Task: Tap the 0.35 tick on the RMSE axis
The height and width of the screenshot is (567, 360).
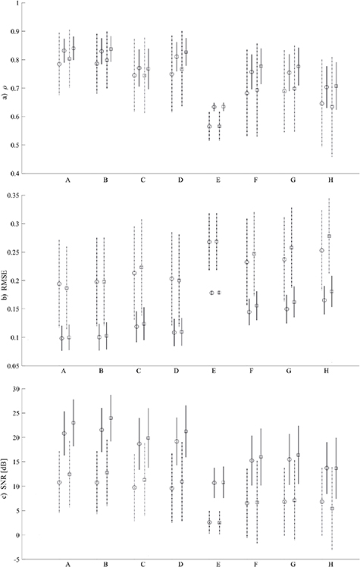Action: pyautogui.click(x=28, y=196)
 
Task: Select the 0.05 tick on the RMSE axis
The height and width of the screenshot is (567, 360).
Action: pyautogui.click(x=28, y=365)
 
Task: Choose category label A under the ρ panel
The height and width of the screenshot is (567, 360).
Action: pyautogui.click(x=69, y=182)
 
